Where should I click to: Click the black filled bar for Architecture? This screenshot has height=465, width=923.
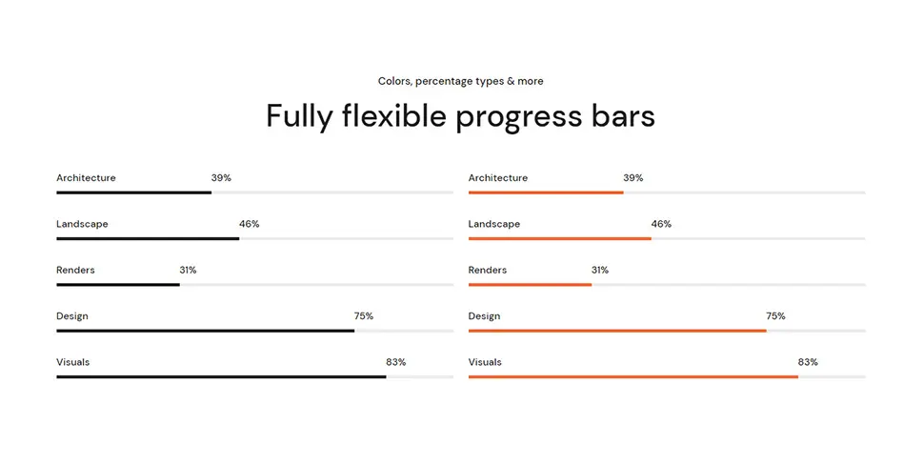click(x=133, y=192)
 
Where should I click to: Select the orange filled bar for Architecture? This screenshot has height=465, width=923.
click(x=546, y=192)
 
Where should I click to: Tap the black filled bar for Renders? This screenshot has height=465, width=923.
click(x=118, y=285)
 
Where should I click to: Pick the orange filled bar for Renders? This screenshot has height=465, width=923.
click(x=530, y=285)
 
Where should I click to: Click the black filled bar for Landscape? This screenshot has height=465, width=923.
click(x=148, y=238)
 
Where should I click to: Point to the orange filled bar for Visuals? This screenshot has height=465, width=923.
click(x=633, y=376)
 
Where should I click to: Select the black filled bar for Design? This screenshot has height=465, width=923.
click(x=206, y=331)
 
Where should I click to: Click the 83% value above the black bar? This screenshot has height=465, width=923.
click(x=395, y=362)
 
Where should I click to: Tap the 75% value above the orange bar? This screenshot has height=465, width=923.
click(x=775, y=316)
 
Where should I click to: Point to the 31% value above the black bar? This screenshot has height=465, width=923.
click(x=188, y=271)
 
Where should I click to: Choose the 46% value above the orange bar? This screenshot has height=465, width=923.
click(x=661, y=224)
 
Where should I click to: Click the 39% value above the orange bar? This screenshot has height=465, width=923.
click(x=632, y=178)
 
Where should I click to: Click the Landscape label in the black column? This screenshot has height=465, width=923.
click(x=82, y=224)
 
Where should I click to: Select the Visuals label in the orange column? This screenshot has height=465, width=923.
click(x=485, y=362)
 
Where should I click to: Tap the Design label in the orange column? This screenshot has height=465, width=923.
click(x=484, y=316)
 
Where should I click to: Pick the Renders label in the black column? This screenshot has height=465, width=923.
click(x=75, y=271)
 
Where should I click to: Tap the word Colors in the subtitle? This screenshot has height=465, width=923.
click(x=395, y=81)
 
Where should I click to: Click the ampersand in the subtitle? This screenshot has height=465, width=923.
click(x=511, y=81)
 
